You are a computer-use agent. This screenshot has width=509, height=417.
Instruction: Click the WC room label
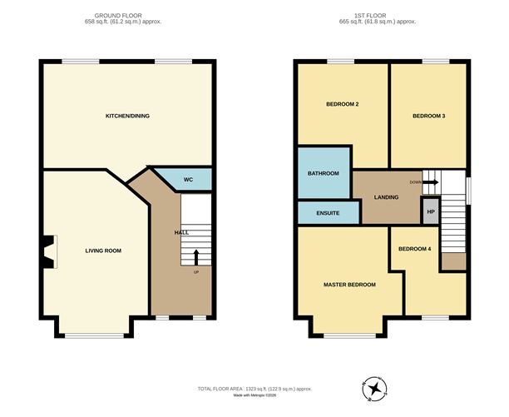(188, 179)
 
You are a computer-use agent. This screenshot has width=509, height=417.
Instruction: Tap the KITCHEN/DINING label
(127, 115)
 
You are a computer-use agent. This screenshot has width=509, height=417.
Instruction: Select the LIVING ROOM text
(103, 250)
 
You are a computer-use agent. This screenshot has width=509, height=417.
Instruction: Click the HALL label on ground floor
(181, 232)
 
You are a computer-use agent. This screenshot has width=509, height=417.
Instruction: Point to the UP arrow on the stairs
(196, 257)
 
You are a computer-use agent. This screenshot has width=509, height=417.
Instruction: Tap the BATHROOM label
(324, 173)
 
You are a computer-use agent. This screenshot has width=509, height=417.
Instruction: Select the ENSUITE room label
(328, 213)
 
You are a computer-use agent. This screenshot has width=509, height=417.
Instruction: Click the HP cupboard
(430, 212)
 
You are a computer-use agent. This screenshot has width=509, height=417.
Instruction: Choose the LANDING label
(385, 197)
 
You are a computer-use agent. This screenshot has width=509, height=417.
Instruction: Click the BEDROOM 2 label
(342, 104)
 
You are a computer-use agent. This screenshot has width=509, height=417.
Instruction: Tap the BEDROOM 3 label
(429, 116)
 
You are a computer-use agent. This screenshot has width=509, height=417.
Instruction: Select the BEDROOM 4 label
(414, 249)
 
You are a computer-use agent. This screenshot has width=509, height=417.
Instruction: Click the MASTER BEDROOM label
(349, 285)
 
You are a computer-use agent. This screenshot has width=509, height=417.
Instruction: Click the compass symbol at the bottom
(375, 389)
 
